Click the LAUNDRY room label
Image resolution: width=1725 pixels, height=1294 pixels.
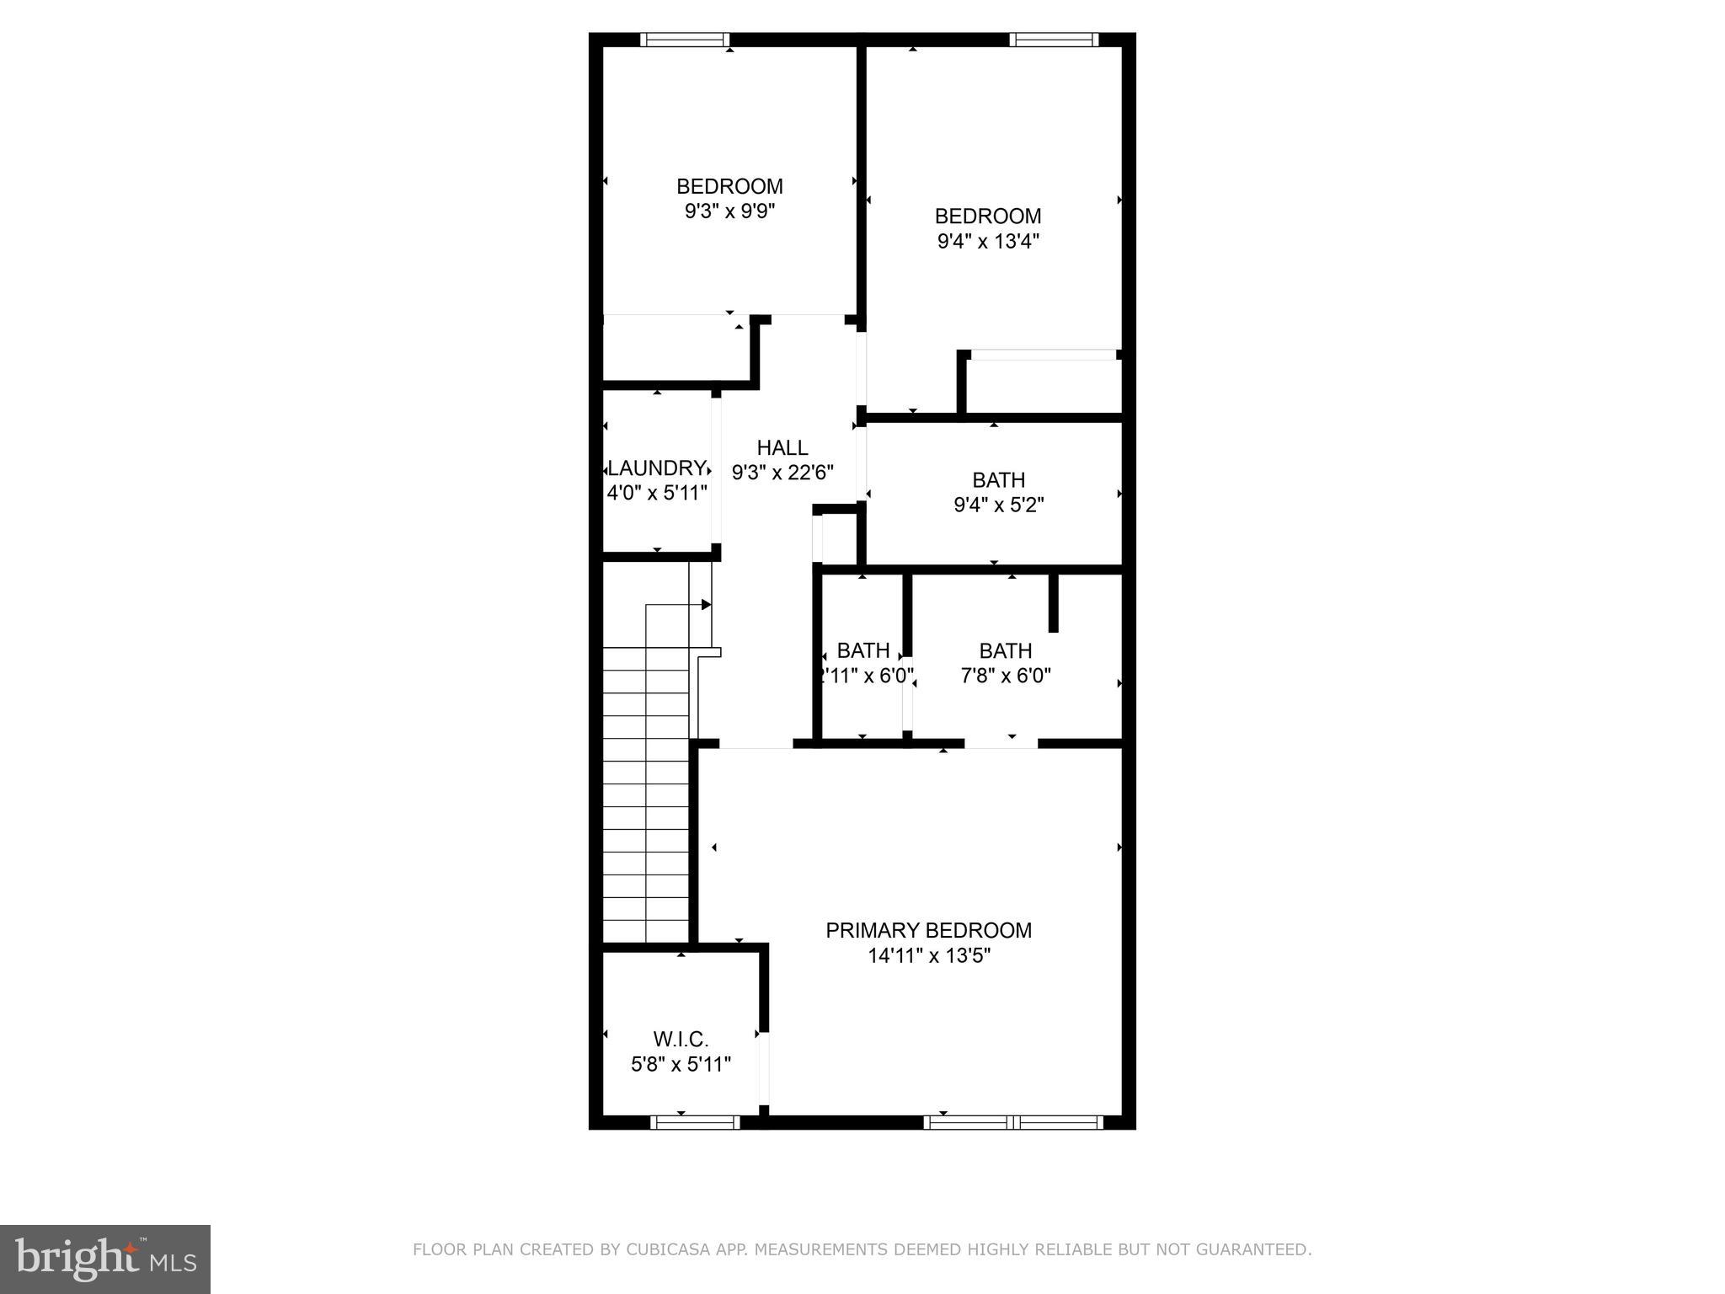click(656, 468)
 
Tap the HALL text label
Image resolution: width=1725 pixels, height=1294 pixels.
click(782, 448)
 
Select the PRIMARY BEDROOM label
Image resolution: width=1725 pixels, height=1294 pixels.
click(928, 930)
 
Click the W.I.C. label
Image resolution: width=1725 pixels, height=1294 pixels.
click(681, 1040)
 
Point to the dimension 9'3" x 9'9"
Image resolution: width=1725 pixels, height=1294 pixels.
click(729, 211)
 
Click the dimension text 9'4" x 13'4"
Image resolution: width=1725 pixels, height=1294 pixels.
click(988, 242)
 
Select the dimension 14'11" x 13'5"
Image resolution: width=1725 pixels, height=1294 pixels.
click(929, 955)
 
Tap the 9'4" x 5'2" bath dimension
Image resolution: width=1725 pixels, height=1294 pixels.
click(999, 505)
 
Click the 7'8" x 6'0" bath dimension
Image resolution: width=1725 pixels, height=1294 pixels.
click(1006, 676)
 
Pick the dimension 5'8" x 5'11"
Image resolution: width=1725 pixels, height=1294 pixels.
click(681, 1065)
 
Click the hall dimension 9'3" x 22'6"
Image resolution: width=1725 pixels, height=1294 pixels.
click(782, 473)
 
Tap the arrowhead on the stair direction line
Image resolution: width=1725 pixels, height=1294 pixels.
click(706, 605)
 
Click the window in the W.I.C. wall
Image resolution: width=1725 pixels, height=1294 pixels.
click(695, 1121)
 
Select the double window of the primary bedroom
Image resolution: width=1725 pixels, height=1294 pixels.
click(1013, 1121)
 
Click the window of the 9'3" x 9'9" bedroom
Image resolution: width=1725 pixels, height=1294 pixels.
click(684, 40)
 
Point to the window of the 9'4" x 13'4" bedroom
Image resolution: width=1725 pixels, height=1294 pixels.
click(1054, 40)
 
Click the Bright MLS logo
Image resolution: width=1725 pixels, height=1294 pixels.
click(105, 1259)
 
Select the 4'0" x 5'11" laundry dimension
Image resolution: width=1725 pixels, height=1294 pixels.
click(657, 494)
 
